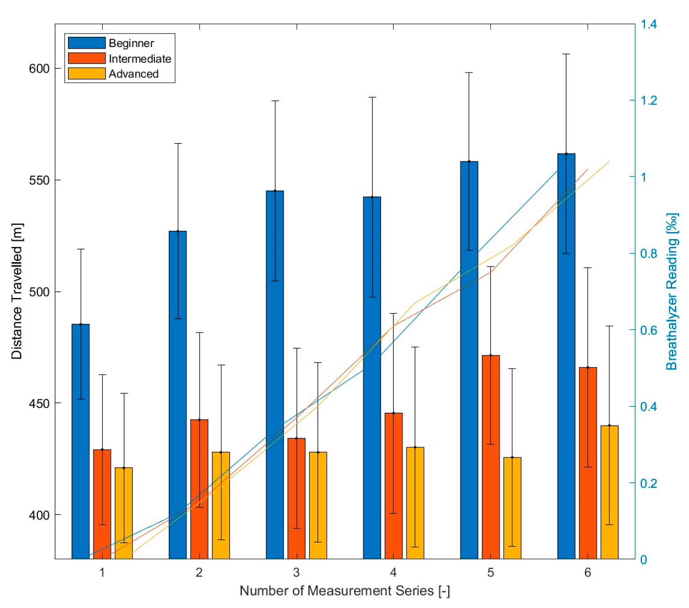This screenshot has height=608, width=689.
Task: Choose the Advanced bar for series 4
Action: tap(415, 502)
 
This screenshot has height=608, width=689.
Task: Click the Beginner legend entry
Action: tap(131, 43)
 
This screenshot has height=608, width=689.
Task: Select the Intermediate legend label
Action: tap(140, 59)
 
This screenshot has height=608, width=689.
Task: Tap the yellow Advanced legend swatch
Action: tap(87, 74)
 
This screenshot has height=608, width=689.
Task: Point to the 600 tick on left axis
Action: tap(39, 68)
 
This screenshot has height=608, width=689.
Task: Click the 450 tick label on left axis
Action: tap(39, 404)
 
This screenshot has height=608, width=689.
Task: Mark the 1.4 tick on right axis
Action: tap(649, 24)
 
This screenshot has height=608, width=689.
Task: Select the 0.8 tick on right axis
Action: tap(649, 253)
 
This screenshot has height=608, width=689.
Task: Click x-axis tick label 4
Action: tap(393, 572)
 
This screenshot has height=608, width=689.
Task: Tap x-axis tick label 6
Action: tap(588, 572)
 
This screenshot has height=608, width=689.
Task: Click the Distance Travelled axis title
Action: tap(17, 291)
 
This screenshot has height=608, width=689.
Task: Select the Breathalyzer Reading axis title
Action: tap(672, 291)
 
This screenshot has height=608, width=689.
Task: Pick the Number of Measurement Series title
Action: tap(344, 591)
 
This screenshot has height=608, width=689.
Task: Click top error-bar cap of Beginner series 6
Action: tap(566, 54)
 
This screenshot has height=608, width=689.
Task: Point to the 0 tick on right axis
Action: tap(644, 559)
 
